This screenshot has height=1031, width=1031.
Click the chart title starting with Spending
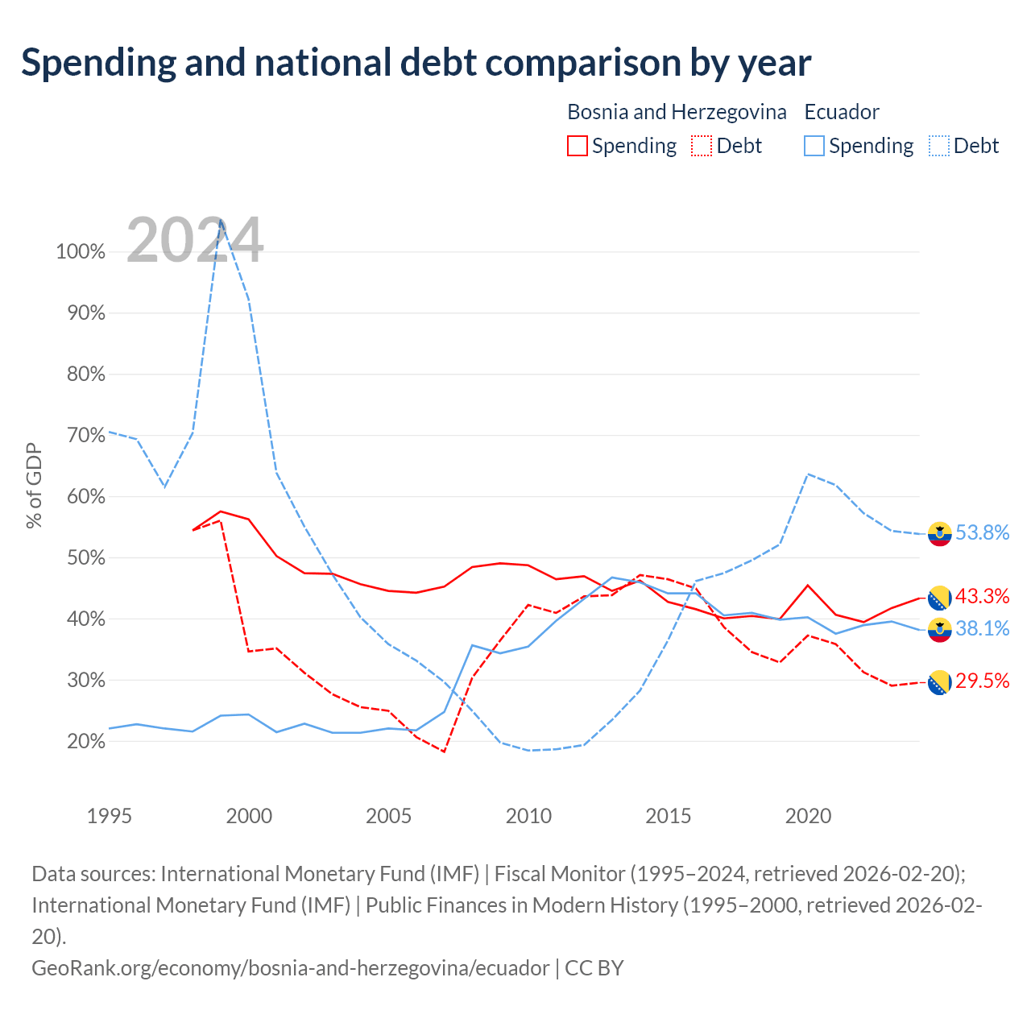[416, 63]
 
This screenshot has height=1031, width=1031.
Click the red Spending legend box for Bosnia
[577, 146]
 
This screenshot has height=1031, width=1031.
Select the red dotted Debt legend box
[701, 146]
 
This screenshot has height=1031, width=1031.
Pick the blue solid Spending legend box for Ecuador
[814, 146]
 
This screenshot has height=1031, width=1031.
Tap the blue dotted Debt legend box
[938, 146]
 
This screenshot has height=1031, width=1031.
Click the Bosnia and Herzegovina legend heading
[677, 112]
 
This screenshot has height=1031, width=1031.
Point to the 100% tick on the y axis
[81, 251]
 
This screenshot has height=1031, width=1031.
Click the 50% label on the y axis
[86, 557]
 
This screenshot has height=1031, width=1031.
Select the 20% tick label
[86, 741]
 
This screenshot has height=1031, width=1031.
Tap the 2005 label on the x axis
[388, 816]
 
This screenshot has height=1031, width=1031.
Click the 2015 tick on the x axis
[669, 816]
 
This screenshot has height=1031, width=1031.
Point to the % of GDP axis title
[34, 486]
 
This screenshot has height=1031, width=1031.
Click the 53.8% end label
[983, 532]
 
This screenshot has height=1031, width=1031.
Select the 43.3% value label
[983, 596]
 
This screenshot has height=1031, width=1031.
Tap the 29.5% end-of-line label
[983, 681]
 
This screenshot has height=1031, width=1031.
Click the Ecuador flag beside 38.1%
[939, 630]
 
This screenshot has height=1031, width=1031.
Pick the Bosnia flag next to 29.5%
[939, 682]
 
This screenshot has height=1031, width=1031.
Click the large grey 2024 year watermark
[195, 240]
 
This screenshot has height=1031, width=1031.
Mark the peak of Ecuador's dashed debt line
[221, 219]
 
